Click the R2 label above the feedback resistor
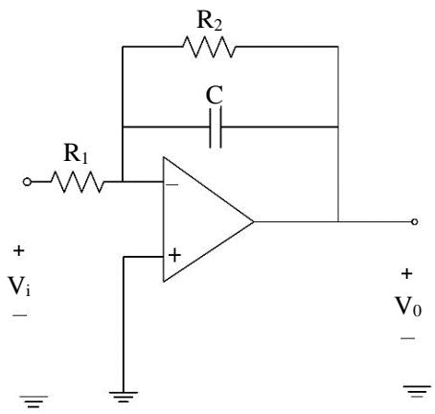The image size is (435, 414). (210, 20)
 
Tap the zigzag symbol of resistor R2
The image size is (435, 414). (209, 47)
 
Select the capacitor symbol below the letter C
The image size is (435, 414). (216, 127)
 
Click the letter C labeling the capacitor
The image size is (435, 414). (214, 95)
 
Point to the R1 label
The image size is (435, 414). (76, 153)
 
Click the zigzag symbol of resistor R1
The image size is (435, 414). (78, 182)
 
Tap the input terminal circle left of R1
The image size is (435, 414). (27, 182)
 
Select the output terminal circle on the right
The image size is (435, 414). (414, 221)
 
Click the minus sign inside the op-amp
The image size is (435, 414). (172, 185)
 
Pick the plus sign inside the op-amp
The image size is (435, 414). (174, 255)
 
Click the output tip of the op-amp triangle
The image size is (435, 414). (253, 221)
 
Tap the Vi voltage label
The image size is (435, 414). (19, 286)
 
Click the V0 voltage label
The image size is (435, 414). (408, 307)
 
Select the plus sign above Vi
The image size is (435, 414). (18, 251)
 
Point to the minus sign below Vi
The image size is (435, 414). (20, 315)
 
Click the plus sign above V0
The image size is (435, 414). (406, 274)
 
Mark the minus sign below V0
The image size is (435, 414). (408, 338)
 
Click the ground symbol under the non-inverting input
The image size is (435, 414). (124, 397)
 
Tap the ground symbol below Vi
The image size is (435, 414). (34, 402)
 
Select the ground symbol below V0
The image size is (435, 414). (417, 391)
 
